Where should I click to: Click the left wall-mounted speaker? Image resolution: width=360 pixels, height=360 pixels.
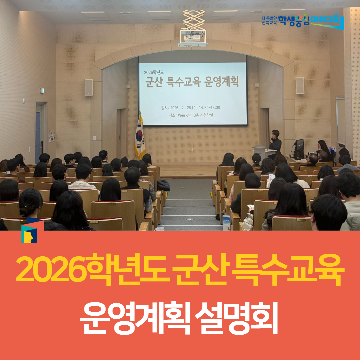coord(89,87)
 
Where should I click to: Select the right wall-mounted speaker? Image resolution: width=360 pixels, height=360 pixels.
coord(300,86)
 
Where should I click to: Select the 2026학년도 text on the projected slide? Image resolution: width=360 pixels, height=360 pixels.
coord(155,72)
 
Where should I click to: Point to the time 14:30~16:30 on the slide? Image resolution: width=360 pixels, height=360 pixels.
coord(209,108)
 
